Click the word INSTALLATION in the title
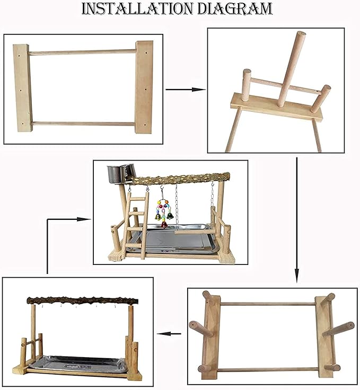point(138,8)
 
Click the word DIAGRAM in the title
point(234,8)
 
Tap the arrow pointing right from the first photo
point(186,90)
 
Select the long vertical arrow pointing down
point(296,220)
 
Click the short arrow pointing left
point(169,333)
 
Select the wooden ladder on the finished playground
point(137,225)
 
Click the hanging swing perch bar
point(194,232)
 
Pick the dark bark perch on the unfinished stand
point(82,300)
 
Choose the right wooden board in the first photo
point(144,87)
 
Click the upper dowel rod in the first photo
point(82,52)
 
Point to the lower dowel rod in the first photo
point(83,123)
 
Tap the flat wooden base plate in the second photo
point(276,107)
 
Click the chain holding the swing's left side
point(177,207)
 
